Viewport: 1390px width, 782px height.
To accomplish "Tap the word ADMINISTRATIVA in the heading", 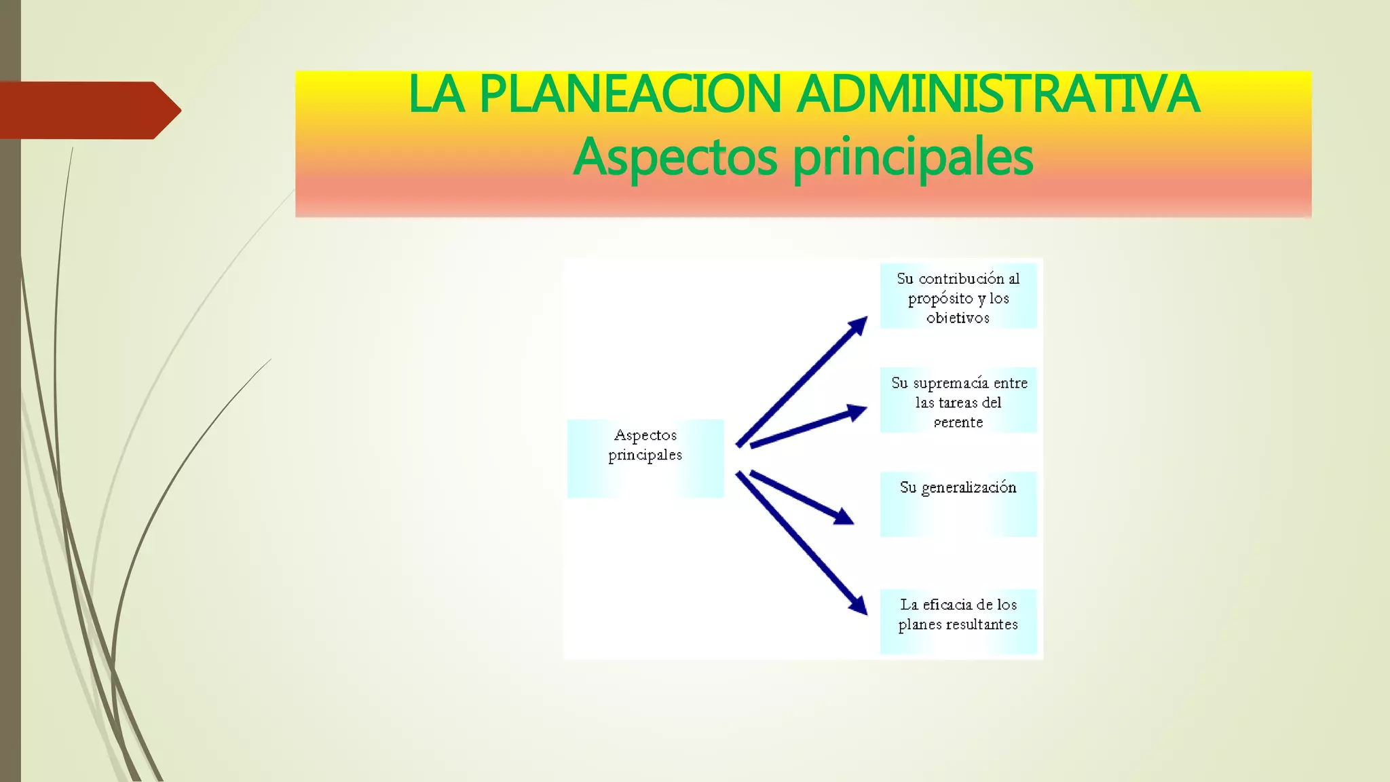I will (x=998, y=95).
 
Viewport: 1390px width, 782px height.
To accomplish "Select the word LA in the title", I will (x=436, y=95).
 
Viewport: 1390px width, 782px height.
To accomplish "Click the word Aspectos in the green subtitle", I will (x=675, y=157).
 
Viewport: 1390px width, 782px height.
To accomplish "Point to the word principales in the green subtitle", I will (x=913, y=157).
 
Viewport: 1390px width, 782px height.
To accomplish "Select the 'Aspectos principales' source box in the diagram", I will (x=645, y=458).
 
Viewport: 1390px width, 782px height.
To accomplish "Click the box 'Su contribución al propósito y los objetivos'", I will (x=958, y=296).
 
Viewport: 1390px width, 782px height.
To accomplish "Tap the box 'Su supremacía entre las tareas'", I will (x=958, y=401).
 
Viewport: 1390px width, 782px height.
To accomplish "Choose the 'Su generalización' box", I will (x=958, y=504).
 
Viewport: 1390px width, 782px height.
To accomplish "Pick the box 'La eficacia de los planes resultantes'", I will (x=958, y=621).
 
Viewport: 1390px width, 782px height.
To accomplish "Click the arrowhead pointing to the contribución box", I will (x=858, y=325).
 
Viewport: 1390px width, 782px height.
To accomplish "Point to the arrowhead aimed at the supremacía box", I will (x=857, y=411).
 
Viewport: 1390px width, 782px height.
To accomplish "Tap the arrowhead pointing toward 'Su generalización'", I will (x=844, y=517).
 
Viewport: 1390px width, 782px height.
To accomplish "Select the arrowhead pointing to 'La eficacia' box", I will (x=859, y=605).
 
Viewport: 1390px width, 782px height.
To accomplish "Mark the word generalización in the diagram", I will (x=969, y=488).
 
